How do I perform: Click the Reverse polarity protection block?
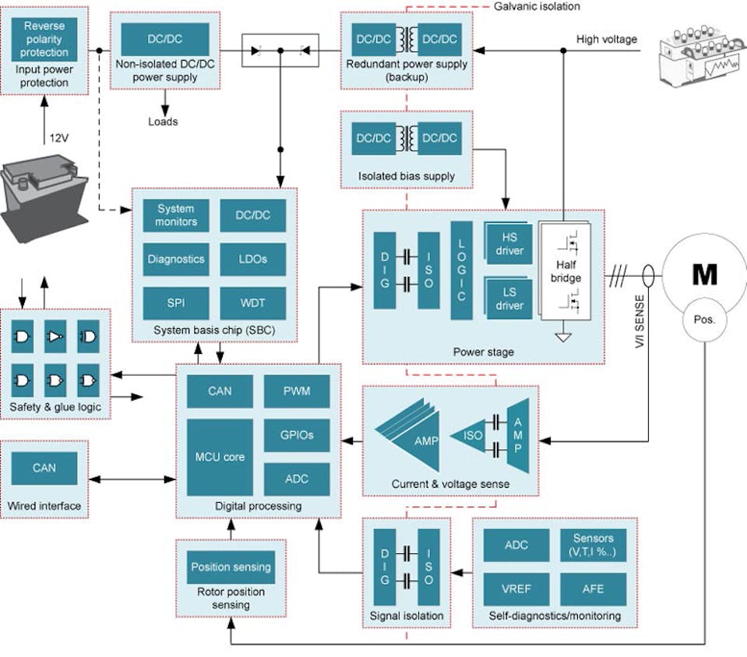44,39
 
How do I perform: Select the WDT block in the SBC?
252,301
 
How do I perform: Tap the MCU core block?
220,457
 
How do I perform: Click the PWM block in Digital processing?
297,390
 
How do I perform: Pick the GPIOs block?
297,435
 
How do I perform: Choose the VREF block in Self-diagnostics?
516,588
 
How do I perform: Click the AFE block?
593,588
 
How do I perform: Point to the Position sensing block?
231,567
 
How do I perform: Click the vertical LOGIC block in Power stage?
461,270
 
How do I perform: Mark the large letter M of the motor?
704,274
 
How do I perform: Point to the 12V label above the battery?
59,138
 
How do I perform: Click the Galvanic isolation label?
537,6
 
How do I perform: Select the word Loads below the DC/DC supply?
163,122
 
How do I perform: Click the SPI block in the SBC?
175,301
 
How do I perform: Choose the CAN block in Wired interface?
44,468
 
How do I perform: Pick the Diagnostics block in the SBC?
175,258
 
